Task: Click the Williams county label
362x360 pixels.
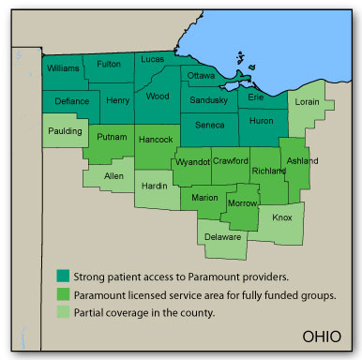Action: click(x=64, y=68)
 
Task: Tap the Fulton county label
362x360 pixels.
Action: click(x=109, y=64)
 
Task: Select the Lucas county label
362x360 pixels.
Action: click(x=152, y=59)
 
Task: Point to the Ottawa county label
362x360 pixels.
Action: click(x=202, y=75)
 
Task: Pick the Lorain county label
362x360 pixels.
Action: click(x=308, y=100)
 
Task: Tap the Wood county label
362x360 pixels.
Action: click(x=158, y=95)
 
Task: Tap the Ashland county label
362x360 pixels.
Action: click(x=301, y=160)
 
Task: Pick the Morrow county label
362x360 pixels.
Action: click(x=243, y=203)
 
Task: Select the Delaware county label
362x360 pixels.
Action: click(x=225, y=237)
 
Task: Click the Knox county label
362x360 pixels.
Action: click(x=281, y=217)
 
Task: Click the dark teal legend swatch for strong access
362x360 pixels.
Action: click(x=62, y=276)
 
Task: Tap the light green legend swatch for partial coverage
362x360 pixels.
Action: click(x=62, y=312)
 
